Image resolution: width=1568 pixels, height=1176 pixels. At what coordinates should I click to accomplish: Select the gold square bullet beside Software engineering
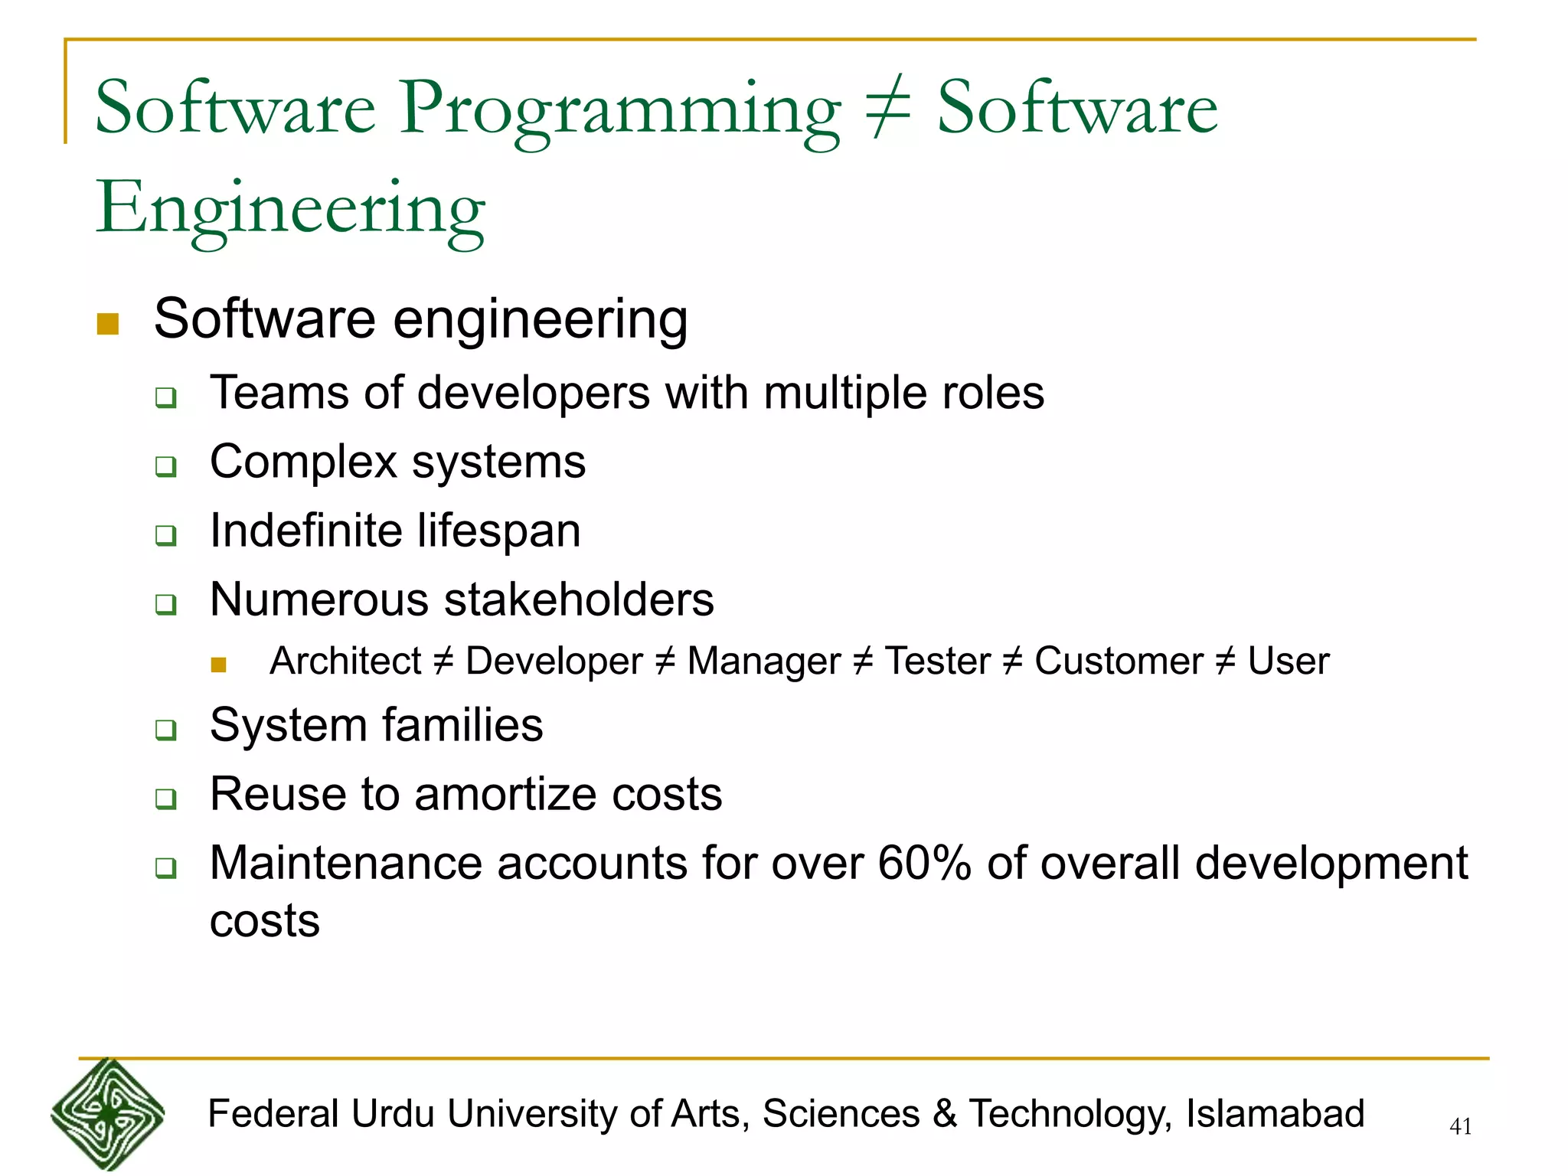(x=108, y=324)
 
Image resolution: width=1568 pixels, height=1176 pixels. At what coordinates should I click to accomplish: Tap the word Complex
(x=304, y=462)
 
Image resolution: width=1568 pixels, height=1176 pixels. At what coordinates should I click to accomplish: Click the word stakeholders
(x=579, y=599)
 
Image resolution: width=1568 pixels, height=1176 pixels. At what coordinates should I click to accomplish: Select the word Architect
(x=345, y=661)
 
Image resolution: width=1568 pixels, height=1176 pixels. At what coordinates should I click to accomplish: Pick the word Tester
(x=937, y=661)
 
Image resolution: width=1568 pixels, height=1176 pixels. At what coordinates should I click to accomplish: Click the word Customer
(x=1119, y=661)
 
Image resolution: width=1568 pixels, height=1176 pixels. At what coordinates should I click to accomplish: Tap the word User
(x=1289, y=661)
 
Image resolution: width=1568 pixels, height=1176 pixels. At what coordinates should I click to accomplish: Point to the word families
(x=462, y=725)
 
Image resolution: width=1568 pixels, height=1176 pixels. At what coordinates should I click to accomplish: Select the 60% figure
(x=924, y=864)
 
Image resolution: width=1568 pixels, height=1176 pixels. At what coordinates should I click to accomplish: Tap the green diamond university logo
(x=107, y=1114)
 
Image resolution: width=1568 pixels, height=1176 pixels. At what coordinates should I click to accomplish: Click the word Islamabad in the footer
(x=1275, y=1114)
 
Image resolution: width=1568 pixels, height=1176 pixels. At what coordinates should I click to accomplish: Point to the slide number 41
(x=1461, y=1126)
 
